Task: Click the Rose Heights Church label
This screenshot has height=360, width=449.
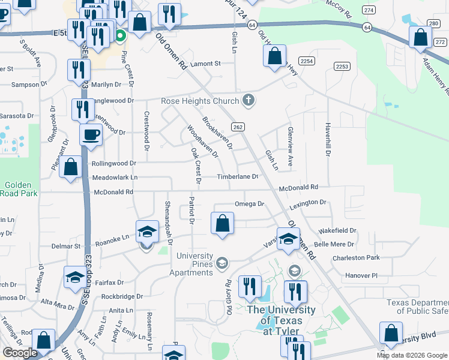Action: point(200,101)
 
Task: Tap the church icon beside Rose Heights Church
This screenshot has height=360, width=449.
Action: point(249,101)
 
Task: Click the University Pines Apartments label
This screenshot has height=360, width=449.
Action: point(194,265)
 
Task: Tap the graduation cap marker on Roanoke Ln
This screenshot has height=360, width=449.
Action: point(146,232)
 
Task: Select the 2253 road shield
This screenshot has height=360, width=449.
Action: point(342,67)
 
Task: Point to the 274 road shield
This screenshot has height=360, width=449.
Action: point(369,11)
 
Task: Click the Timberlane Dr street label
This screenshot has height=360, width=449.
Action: point(238,177)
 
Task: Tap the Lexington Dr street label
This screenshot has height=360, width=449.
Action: point(308,204)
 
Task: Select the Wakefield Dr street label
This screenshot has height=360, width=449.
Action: point(337,230)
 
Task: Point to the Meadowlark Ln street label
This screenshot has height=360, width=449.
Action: point(115,178)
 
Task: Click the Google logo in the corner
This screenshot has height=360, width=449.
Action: point(20,353)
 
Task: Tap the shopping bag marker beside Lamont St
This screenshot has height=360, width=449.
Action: point(274,56)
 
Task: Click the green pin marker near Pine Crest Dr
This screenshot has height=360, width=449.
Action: point(120,35)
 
